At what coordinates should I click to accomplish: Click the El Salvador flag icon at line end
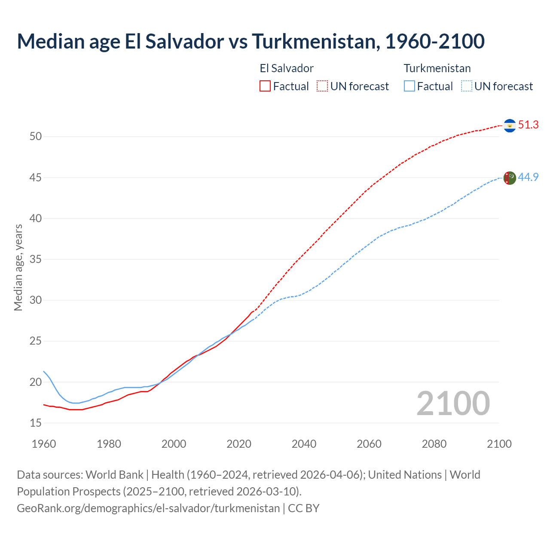click(510, 125)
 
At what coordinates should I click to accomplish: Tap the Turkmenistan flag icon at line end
click(510, 178)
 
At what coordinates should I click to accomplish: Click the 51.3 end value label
click(528, 125)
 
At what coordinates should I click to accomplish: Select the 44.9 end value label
click(528, 177)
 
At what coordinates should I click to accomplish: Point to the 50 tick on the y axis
click(36, 137)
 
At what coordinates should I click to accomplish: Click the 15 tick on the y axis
click(36, 423)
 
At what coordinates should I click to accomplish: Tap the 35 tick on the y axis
click(36, 260)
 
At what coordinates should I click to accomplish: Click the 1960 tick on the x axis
click(44, 444)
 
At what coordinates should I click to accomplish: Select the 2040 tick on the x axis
click(304, 444)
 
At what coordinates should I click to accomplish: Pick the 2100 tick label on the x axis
click(499, 444)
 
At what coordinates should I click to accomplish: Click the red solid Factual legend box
click(265, 86)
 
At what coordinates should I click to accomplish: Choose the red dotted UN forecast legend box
click(322, 86)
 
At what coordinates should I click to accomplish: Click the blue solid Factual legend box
click(409, 86)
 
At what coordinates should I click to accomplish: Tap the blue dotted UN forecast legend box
click(467, 86)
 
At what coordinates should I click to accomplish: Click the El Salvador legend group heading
click(287, 68)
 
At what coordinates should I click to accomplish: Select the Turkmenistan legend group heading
click(437, 68)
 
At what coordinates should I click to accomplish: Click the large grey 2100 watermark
click(453, 403)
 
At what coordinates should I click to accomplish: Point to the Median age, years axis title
click(18, 267)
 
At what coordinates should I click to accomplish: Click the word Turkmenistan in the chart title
click(315, 41)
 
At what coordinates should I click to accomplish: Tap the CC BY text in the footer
click(303, 508)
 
